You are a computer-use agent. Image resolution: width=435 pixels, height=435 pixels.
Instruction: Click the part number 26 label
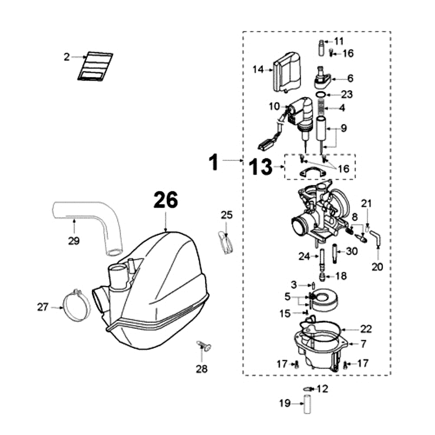165,200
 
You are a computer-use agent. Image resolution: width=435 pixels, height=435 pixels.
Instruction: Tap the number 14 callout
258,69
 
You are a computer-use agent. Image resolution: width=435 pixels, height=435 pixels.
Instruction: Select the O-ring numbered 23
321,95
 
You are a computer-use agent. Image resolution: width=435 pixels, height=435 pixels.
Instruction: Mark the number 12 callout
322,389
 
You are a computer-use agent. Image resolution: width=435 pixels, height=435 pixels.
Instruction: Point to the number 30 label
352,251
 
